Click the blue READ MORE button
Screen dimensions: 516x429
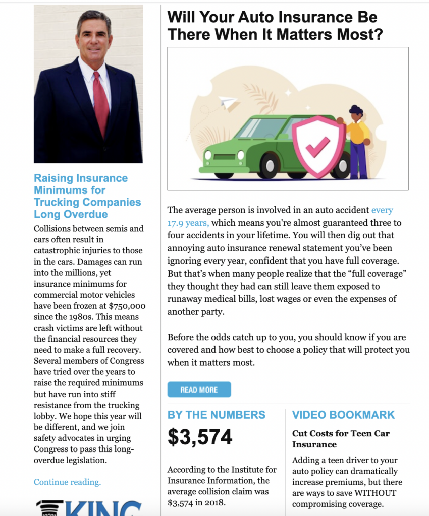pos(199,390)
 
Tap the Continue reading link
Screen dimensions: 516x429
pos(67,482)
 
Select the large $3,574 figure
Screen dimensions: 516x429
pos(200,437)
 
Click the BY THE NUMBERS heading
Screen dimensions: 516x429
pos(216,415)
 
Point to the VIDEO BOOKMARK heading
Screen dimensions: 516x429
pos(343,415)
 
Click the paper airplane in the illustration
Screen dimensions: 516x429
pos(228,102)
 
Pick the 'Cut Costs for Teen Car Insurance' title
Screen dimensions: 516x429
pos(341,439)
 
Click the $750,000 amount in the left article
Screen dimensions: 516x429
pos(127,306)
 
